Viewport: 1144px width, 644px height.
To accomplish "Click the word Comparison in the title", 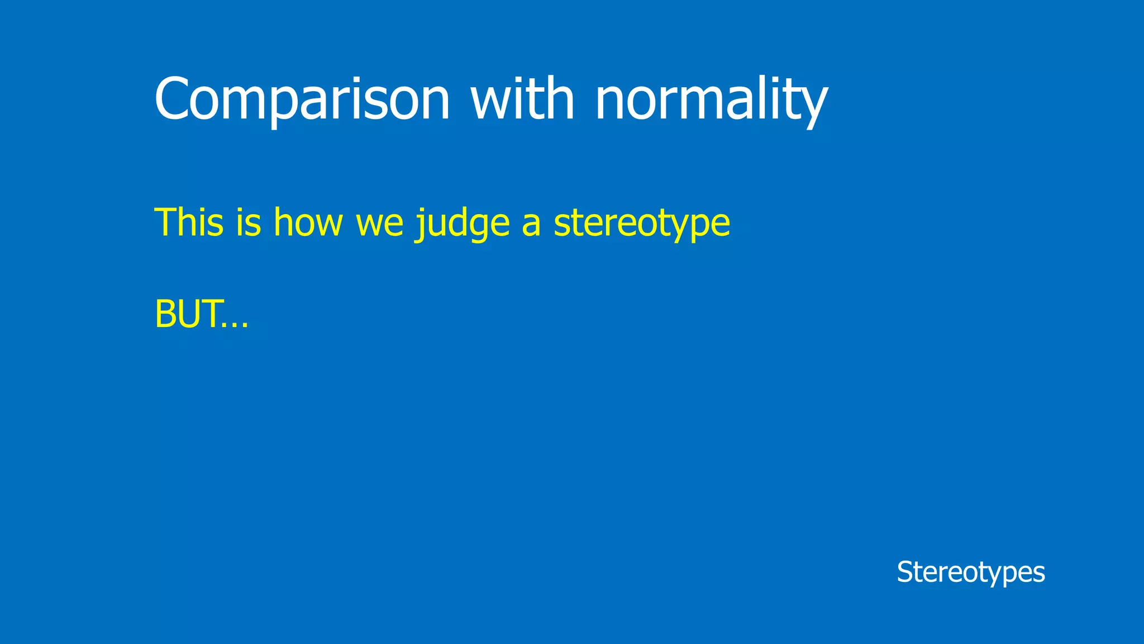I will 302,100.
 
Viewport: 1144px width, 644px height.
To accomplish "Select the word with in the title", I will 522,100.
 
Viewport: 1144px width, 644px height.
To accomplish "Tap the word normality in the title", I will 711,100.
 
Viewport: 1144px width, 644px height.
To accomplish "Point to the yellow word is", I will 249,222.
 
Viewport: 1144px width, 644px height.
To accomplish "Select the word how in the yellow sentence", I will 308,222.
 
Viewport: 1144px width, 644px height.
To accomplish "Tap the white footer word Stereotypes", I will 971,572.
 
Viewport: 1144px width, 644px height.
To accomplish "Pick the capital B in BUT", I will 165,314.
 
